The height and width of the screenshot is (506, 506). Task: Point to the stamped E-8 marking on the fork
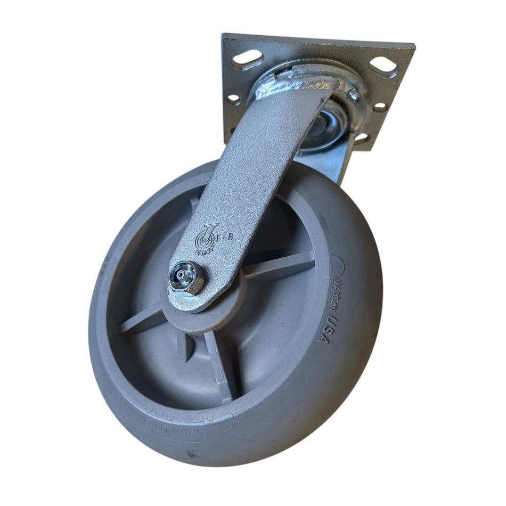225,237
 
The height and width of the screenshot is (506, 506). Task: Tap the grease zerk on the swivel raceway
353,95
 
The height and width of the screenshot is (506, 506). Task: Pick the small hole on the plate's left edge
233,99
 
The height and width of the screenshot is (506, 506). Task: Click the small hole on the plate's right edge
380,107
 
